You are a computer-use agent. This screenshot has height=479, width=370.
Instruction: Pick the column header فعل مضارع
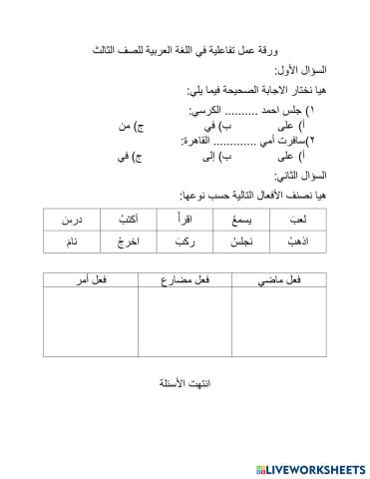click(x=185, y=283)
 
